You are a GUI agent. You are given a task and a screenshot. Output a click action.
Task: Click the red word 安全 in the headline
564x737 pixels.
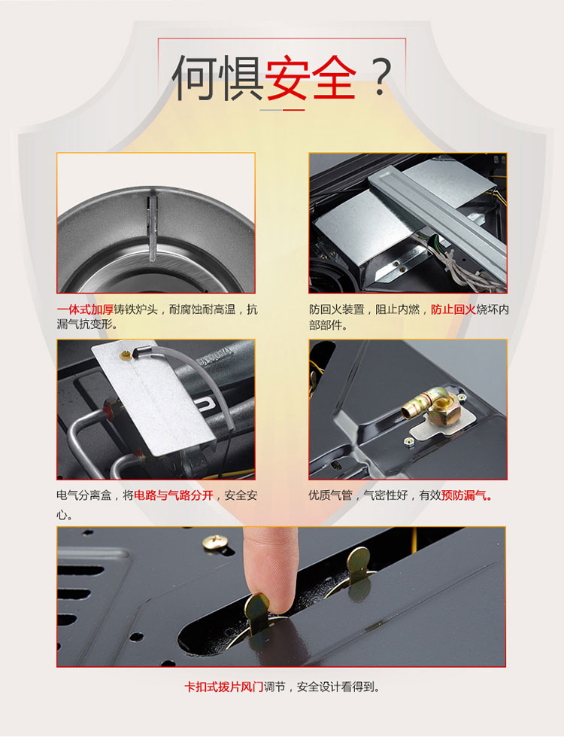click(x=311, y=78)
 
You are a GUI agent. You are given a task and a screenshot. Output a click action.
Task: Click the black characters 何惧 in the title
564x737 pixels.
click(x=218, y=78)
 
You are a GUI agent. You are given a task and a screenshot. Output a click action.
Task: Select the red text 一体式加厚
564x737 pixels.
click(x=85, y=309)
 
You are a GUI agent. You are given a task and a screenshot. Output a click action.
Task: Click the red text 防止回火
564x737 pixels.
click(x=453, y=309)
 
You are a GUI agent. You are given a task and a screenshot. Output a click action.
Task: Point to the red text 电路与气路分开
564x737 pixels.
click(x=174, y=495)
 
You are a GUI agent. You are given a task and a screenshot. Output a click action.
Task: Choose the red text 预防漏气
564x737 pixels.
click(x=466, y=495)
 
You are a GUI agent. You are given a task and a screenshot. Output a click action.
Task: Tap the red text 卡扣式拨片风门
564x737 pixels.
click(x=223, y=687)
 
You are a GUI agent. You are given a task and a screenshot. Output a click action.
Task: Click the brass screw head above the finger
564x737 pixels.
click(x=217, y=542)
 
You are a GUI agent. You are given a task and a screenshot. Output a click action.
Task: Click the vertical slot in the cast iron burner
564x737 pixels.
click(x=153, y=228)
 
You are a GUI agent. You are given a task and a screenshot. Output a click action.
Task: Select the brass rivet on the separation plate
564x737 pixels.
click(x=126, y=355)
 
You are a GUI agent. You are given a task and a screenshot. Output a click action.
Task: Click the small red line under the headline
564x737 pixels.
click(x=293, y=110)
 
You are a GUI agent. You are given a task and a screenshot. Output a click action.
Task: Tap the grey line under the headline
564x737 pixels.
click(x=271, y=110)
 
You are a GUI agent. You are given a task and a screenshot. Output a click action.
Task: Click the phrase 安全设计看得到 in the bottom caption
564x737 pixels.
click(x=336, y=687)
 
